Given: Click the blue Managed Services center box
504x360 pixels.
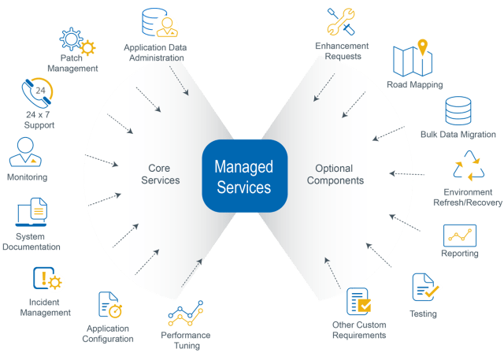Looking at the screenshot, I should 243,176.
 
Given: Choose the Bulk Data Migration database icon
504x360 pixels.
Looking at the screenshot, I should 458,112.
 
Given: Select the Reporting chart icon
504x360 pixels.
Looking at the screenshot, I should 459,236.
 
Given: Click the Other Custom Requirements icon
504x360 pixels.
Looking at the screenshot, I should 358,302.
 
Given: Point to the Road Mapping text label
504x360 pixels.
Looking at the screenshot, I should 414,84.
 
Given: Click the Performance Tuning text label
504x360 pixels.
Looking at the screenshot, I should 185,340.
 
